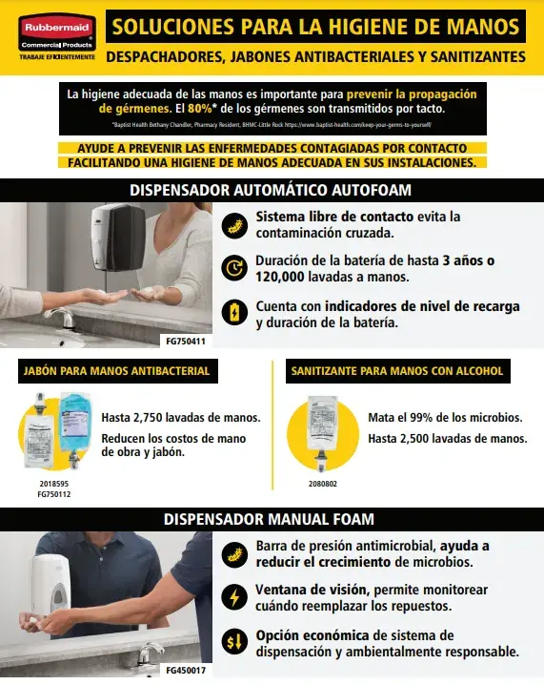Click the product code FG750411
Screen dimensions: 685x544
tap(186, 339)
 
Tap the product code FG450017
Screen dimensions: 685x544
tap(186, 670)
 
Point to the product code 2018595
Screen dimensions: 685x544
tap(52, 485)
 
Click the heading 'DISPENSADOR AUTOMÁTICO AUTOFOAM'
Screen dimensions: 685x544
tap(272, 190)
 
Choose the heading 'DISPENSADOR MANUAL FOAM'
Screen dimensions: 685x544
tap(272, 519)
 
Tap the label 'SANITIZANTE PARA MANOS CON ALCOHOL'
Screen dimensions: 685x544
tap(396, 370)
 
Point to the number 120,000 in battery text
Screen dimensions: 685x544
tap(283, 277)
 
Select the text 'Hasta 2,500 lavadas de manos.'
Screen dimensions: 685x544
tap(447, 438)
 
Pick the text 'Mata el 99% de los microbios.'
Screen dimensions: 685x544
tap(445, 418)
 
